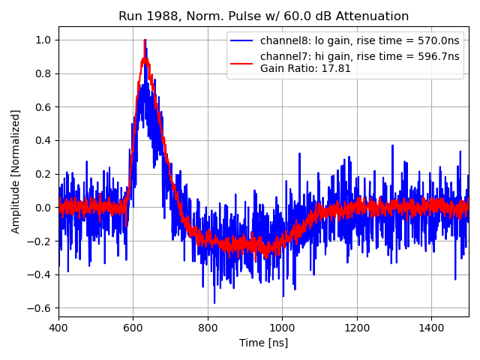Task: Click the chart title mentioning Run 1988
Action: point(263,16)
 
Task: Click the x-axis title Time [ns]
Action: point(263,343)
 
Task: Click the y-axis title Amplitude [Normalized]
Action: point(16,171)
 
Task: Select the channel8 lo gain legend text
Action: point(358,40)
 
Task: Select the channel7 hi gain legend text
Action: point(360,57)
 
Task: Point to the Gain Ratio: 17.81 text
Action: point(305,68)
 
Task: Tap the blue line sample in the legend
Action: point(242,40)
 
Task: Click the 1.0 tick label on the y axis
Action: point(43,40)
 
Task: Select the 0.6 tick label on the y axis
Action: point(43,106)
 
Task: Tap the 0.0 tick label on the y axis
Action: point(43,208)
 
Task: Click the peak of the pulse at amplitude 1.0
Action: point(145,40)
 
